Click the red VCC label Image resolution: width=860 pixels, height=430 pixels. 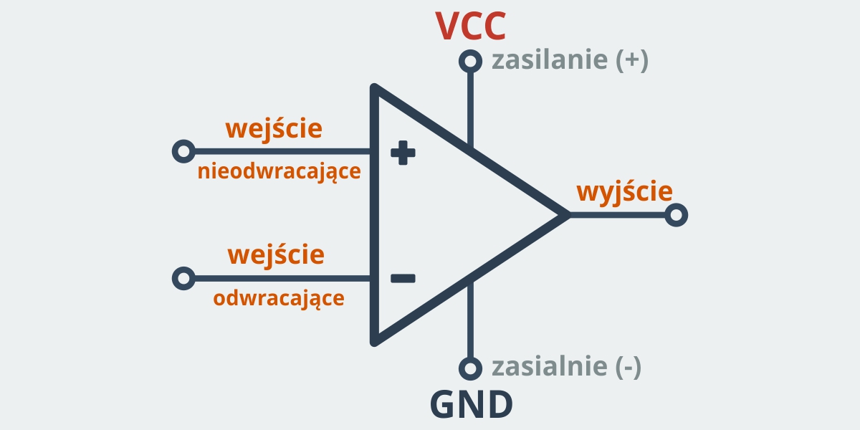click(471, 26)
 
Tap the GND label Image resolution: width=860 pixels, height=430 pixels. click(471, 405)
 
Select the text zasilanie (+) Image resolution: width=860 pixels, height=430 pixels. click(570, 61)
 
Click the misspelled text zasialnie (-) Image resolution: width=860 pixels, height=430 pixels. click(566, 367)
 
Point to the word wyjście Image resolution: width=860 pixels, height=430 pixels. click(624, 192)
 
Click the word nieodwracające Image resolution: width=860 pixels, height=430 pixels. click(279, 173)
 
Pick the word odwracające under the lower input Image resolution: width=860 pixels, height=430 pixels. click(279, 298)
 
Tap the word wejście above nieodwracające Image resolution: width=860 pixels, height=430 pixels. click(274, 129)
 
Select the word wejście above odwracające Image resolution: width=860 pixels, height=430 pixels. click(276, 254)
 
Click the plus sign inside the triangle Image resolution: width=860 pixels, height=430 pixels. click(403, 152)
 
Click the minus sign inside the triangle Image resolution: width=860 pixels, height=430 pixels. click(403, 278)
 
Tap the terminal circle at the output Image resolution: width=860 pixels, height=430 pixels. click(677, 215)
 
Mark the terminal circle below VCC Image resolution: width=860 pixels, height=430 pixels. click(470, 62)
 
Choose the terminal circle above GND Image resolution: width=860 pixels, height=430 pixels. click(470, 368)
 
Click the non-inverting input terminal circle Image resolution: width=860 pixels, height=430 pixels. click(183, 152)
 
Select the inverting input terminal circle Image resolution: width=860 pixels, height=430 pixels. click(184, 278)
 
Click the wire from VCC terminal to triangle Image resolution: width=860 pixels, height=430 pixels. click(470, 107)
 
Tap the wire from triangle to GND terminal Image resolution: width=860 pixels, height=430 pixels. click(470, 322)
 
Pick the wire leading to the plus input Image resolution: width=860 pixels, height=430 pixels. click(279, 152)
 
